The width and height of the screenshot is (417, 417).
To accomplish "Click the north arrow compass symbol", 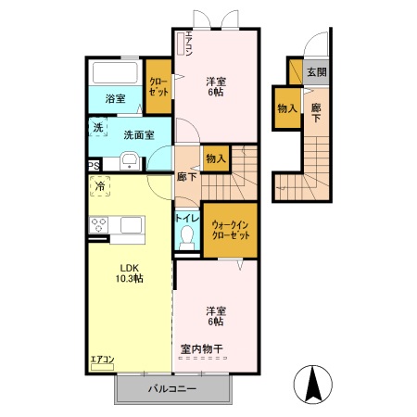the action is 312,385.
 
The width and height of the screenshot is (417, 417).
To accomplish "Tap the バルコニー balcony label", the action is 172,388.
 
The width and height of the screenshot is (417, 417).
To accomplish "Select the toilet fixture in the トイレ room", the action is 186,238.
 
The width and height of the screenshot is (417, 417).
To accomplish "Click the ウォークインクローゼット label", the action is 231,230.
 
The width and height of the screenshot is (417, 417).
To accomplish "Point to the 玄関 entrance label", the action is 317,72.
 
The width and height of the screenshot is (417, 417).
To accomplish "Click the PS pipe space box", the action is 95,166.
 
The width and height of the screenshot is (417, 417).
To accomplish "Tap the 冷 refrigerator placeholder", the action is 100,186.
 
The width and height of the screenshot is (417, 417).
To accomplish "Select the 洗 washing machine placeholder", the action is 98,127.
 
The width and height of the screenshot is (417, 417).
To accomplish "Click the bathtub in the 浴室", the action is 115,73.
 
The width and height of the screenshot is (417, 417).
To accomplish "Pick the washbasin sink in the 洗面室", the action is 130,160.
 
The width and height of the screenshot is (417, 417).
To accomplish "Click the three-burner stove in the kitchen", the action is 98,225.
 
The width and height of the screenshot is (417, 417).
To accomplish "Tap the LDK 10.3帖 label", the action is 130,273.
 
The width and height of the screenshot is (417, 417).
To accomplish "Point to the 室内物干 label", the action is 202,349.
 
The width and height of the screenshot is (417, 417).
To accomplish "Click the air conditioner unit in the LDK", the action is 102,367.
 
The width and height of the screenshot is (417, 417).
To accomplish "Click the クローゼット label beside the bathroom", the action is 158,87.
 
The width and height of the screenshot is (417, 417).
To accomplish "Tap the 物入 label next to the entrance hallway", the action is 287,108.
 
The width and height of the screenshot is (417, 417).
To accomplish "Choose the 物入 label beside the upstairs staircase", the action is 216,158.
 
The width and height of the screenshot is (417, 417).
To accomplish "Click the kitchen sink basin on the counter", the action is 132,225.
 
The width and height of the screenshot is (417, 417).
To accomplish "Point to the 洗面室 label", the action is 139,135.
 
